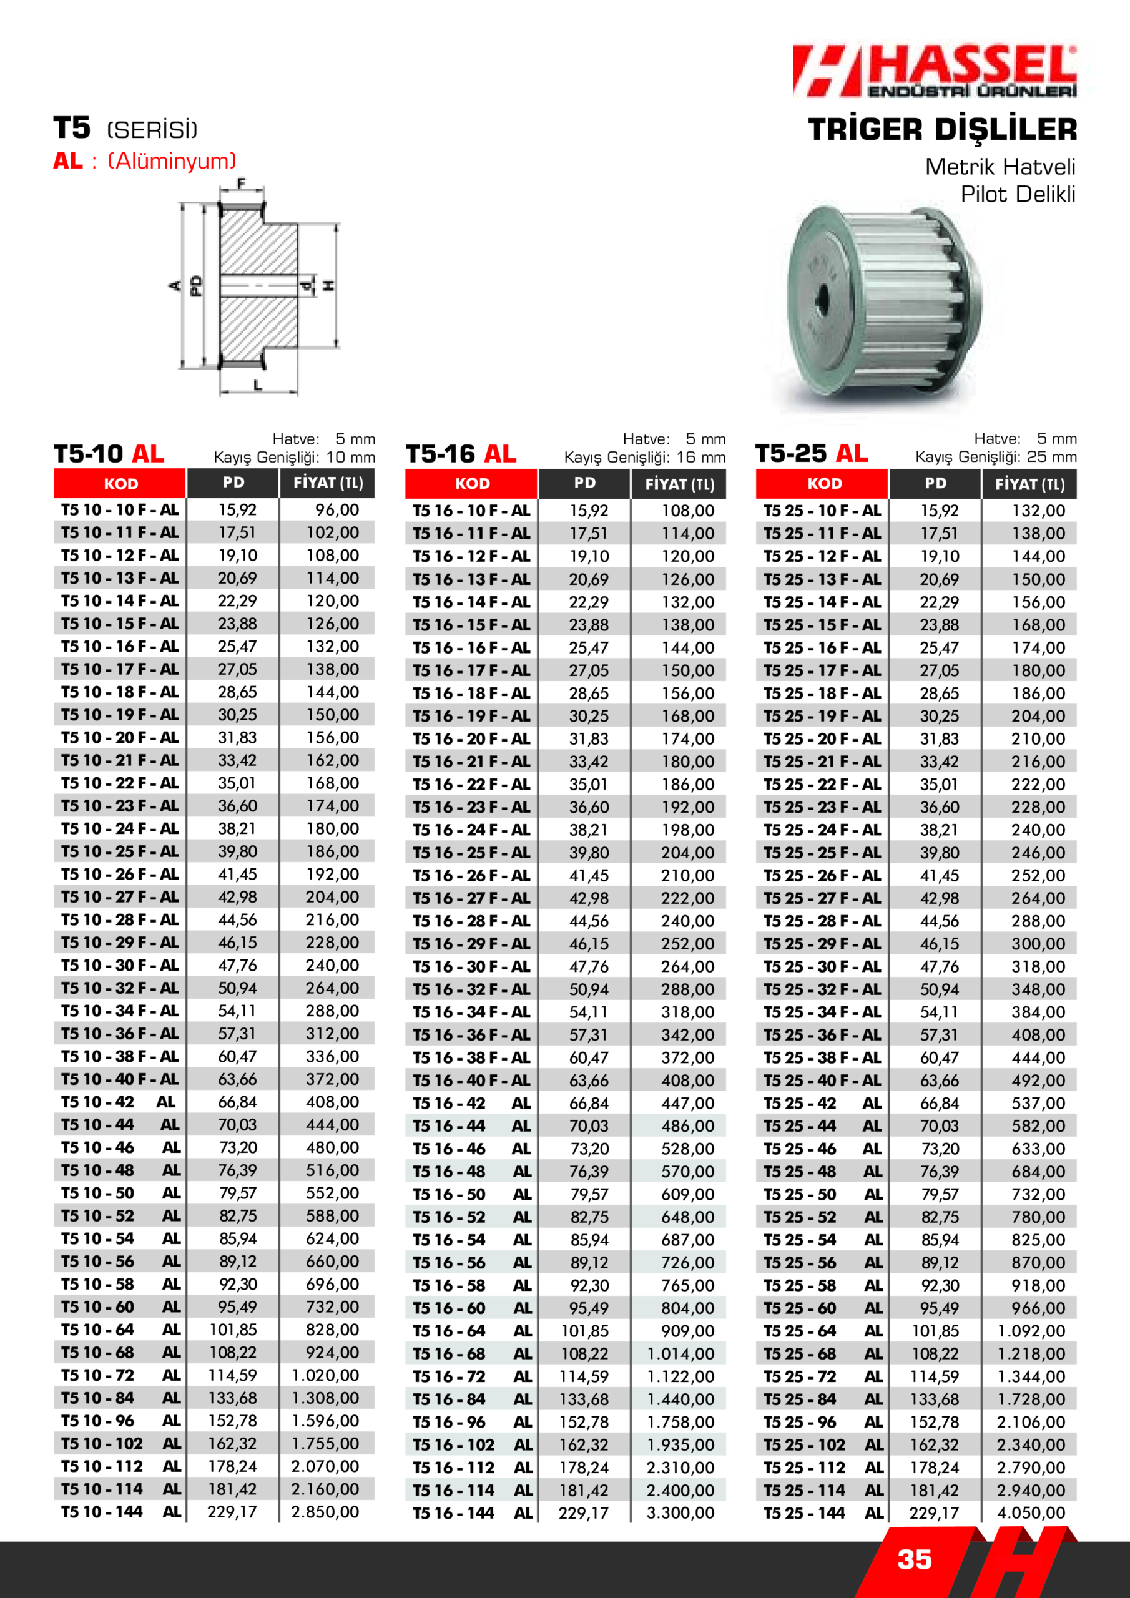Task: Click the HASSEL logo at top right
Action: coord(935,71)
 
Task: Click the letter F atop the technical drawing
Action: coord(242,184)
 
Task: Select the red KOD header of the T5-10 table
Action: coord(120,484)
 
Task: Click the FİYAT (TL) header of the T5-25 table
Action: coord(1029,484)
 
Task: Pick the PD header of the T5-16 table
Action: coord(584,483)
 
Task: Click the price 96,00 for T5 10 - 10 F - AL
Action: coord(337,510)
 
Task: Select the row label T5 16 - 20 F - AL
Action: coord(471,738)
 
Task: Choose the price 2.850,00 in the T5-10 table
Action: coord(325,1511)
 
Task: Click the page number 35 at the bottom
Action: coord(914,1560)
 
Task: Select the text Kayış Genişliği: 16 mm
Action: coord(644,458)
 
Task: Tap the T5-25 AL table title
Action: coord(811,454)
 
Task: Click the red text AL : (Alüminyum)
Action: coord(145,161)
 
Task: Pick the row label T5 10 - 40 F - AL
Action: coord(119,1079)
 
